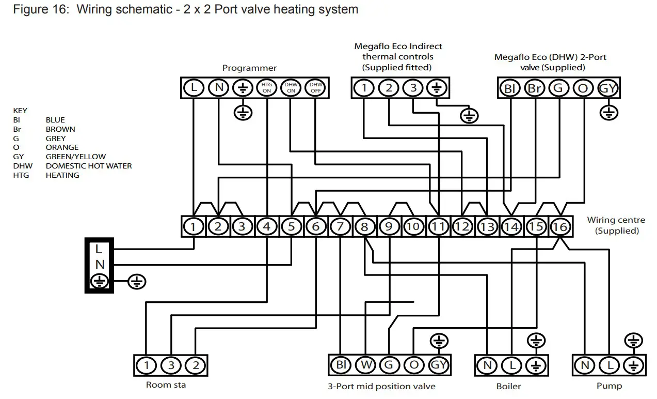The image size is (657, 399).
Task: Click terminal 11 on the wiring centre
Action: coord(438,226)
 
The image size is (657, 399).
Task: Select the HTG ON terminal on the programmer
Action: coord(267,87)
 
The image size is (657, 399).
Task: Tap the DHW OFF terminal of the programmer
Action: coord(315,87)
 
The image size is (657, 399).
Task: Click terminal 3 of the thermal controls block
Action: coord(412,87)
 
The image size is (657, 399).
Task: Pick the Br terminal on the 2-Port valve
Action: coord(535,88)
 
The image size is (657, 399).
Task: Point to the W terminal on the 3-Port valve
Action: coord(365,365)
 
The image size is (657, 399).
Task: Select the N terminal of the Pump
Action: coord(585,365)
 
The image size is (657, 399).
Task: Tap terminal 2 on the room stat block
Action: coord(195,365)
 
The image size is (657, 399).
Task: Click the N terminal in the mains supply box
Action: coord(100,265)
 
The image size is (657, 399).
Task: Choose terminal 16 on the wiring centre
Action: coord(560,226)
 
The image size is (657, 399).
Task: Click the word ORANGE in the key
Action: coord(62,147)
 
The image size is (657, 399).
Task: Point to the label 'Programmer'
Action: coord(249,68)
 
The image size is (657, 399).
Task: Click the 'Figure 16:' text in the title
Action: coord(41,9)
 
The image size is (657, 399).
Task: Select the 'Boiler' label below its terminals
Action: coord(508,386)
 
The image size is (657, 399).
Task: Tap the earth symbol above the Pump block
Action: coord(633,341)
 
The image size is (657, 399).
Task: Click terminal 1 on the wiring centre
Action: coord(194,226)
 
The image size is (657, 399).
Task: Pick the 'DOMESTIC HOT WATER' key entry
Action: coord(89,166)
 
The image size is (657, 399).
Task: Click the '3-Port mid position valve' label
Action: coord(381,386)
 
